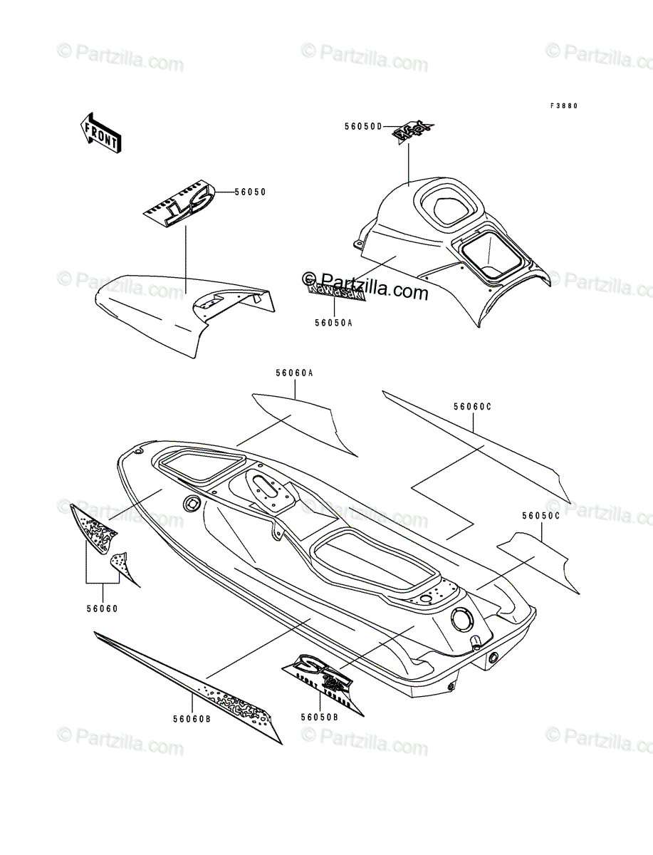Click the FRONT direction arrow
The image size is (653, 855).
99,132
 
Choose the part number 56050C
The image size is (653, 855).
540,515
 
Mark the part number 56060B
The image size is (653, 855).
192,719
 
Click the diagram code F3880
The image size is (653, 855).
563,105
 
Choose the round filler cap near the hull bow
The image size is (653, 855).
192,504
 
